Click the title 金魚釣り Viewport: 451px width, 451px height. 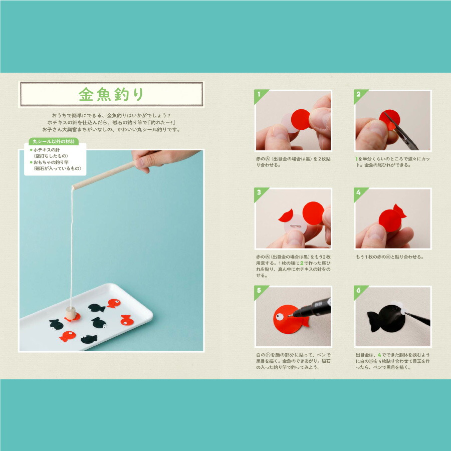pos(111,94)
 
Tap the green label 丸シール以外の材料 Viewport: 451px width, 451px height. pos(54,141)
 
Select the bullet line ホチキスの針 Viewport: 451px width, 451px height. pos(47,150)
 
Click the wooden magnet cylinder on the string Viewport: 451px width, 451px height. pos(71,313)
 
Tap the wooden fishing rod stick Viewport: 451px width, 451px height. pos(104,175)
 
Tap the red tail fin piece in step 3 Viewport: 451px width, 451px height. pos(286,215)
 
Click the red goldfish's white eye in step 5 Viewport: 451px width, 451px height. pos(279,317)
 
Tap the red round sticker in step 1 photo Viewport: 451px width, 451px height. pos(301,119)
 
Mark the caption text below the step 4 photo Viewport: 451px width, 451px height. pos(390,257)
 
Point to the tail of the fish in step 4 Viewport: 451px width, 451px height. pos(400,211)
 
